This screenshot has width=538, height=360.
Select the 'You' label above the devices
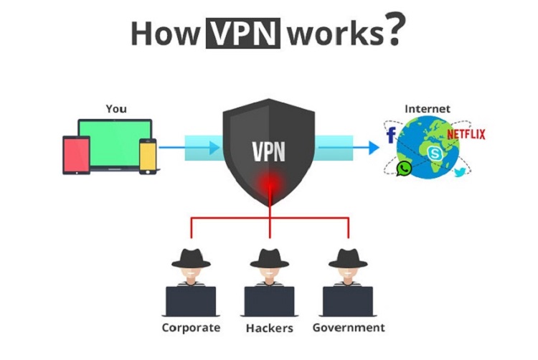[x=116, y=109]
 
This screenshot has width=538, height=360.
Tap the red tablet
[x=75, y=156]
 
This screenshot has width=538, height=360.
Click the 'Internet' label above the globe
[x=428, y=109]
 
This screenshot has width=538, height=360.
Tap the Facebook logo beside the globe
[x=391, y=136]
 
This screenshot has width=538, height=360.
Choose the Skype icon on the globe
[x=435, y=153]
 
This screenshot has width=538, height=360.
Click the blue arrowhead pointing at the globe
[x=373, y=148]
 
